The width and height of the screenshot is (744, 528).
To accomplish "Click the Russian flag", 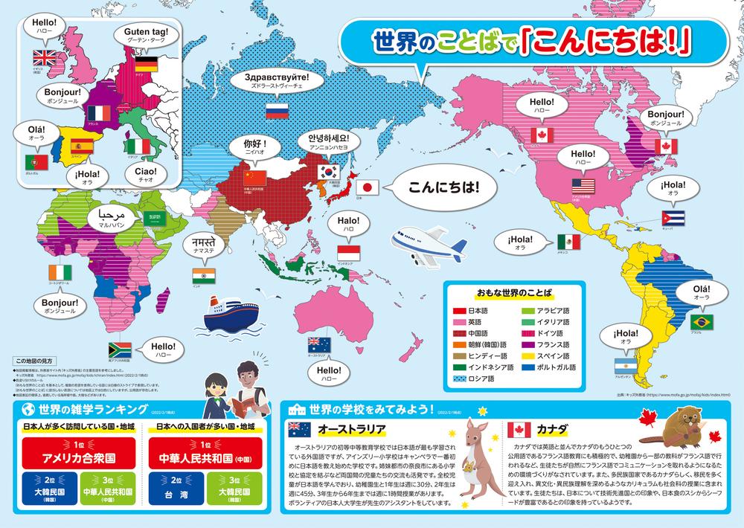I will (x=276, y=112).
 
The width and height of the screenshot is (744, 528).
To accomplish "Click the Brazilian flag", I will (x=701, y=321).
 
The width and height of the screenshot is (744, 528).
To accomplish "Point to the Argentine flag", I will (x=623, y=366).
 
